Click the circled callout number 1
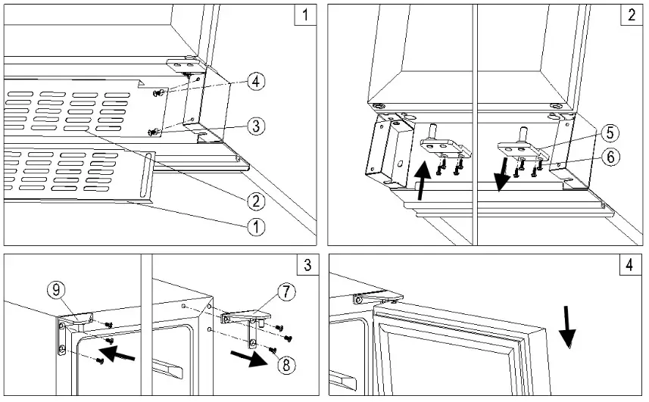(x=257, y=226)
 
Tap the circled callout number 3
(x=257, y=126)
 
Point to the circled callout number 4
(x=257, y=82)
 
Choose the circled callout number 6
(x=610, y=158)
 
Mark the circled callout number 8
(x=285, y=364)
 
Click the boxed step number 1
(x=305, y=15)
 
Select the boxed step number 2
(x=632, y=15)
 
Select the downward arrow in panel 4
(x=568, y=327)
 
